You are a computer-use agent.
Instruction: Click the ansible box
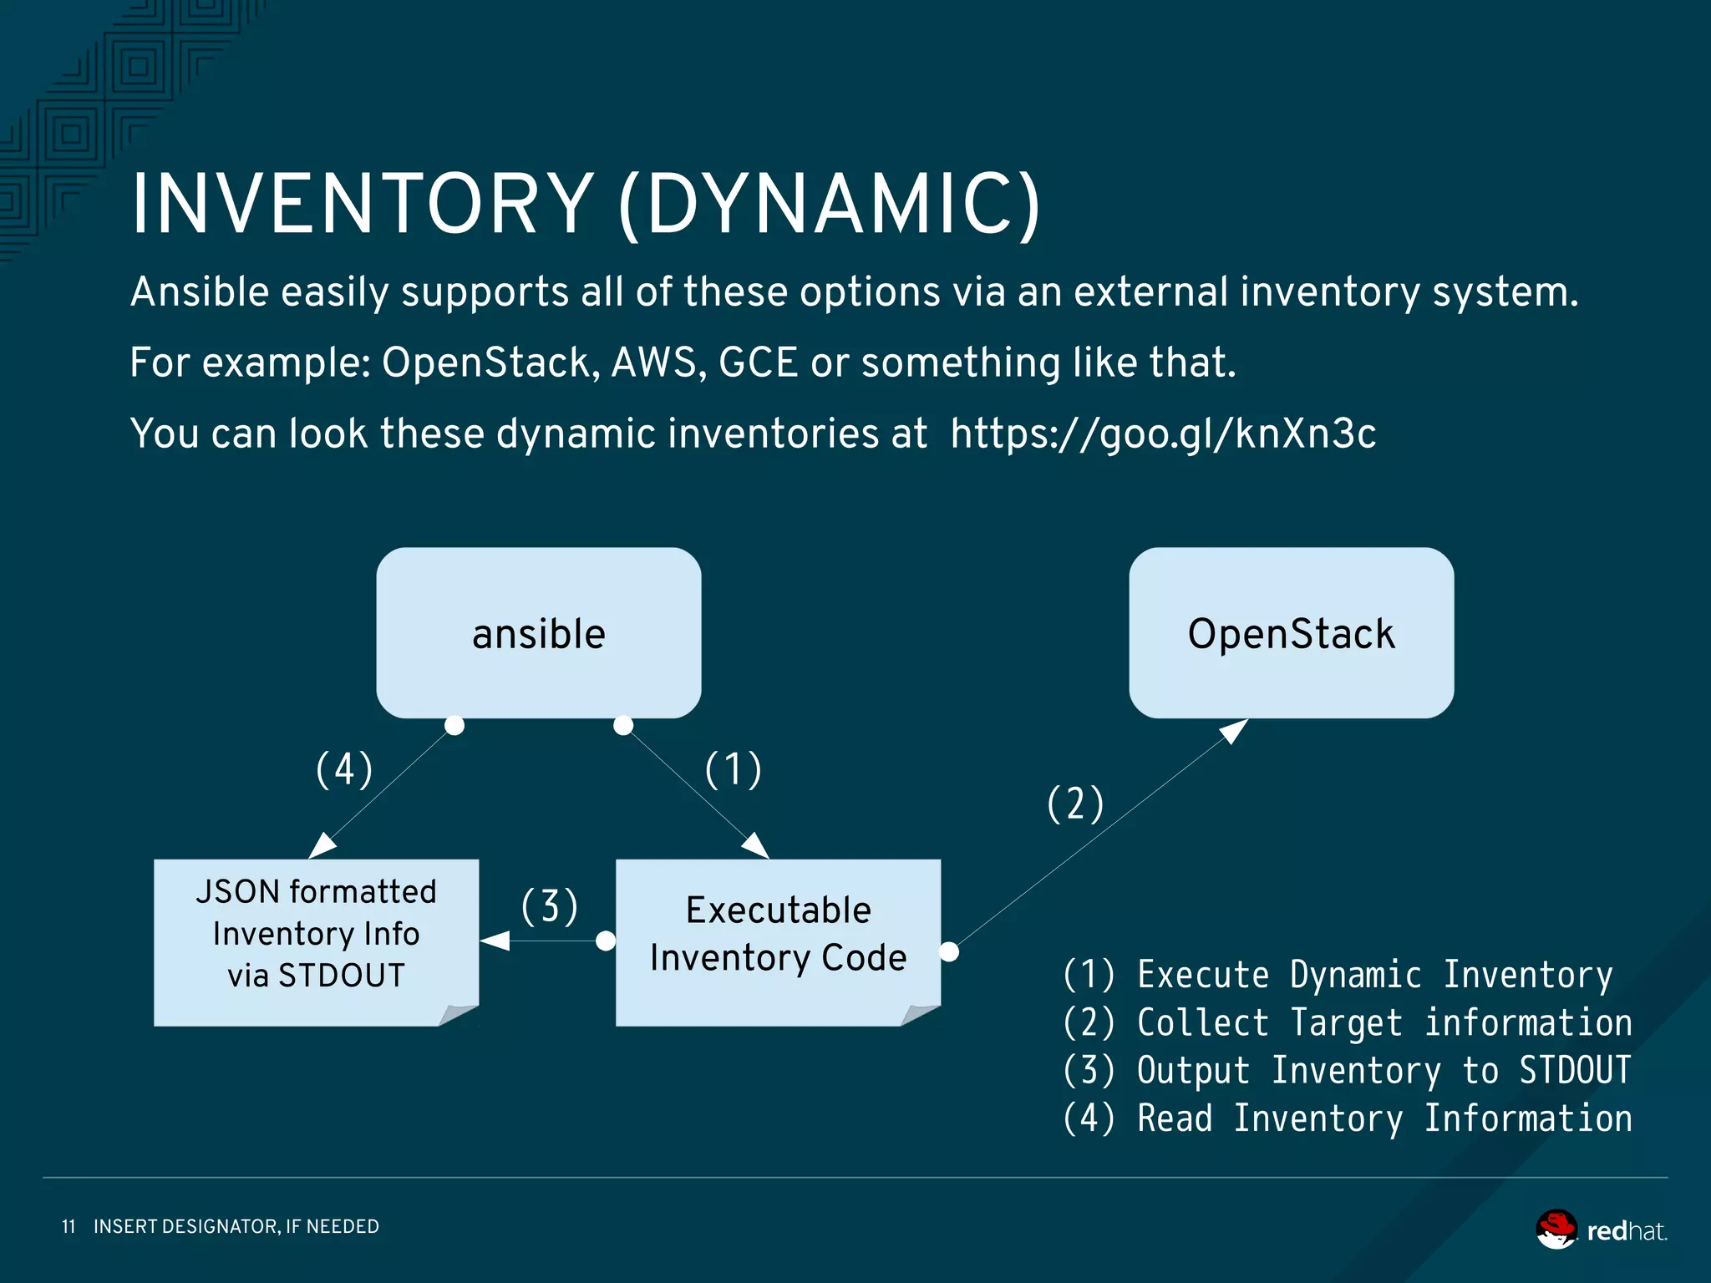tap(538, 633)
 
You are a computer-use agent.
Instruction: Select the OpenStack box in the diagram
tap(1291, 633)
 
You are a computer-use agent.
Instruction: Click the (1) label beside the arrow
tap(733, 769)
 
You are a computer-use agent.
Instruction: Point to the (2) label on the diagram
tap(1075, 804)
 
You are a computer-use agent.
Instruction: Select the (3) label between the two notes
tap(549, 907)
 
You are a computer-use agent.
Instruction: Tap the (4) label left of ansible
tap(343, 769)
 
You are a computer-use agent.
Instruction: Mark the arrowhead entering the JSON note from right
tap(495, 941)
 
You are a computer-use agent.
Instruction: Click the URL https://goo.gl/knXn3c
tap(1163, 434)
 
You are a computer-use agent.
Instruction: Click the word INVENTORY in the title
tap(362, 205)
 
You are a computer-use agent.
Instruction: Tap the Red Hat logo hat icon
tap(1556, 1229)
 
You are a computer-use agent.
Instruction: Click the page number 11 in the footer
tap(69, 1226)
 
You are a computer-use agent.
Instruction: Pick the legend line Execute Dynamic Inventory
tap(1337, 975)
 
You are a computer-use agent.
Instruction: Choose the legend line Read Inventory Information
tap(1347, 1118)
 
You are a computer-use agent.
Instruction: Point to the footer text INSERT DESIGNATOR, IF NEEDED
tap(236, 1226)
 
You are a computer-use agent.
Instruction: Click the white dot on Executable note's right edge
tap(949, 951)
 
